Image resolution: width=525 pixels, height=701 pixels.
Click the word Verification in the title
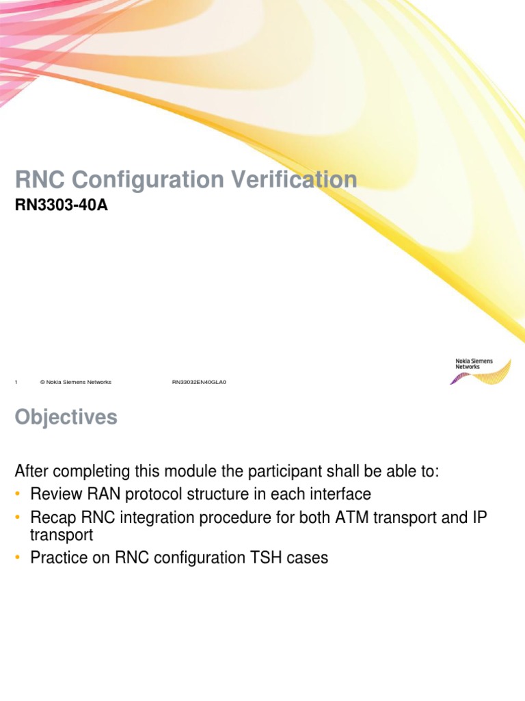[297, 180]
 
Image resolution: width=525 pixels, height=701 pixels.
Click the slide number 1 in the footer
[16, 382]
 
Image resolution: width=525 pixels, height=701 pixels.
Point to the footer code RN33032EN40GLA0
[199, 382]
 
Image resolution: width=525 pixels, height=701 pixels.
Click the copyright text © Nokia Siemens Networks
[75, 382]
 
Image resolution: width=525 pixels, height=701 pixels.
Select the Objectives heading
[66, 418]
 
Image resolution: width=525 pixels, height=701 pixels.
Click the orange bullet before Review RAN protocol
[18, 494]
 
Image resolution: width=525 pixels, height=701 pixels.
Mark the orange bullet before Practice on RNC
[18, 558]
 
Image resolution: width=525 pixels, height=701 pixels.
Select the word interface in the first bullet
[340, 494]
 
